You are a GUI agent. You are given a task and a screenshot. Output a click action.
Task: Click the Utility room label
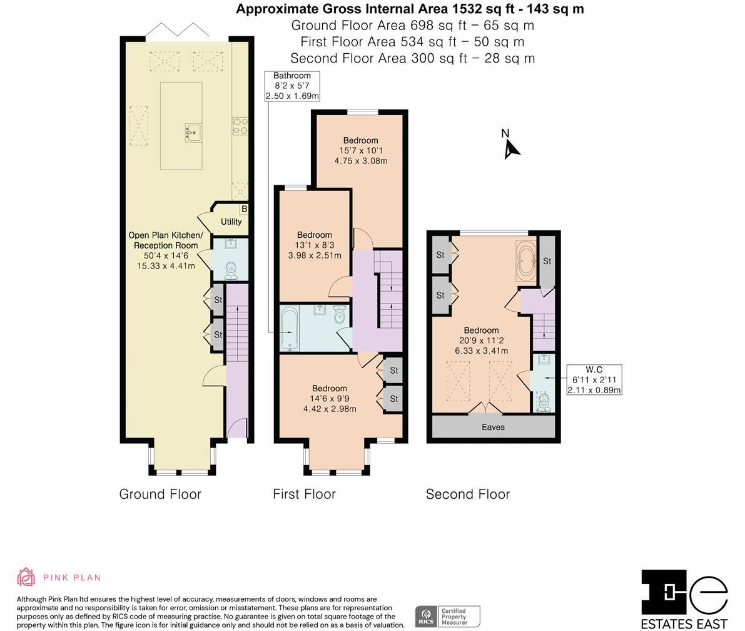231,222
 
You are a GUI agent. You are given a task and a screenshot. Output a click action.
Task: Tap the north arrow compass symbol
511,145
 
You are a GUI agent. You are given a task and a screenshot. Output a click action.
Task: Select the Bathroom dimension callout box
292,86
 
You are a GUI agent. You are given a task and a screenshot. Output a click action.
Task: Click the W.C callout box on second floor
594,380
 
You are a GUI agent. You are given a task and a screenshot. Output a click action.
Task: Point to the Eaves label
493,427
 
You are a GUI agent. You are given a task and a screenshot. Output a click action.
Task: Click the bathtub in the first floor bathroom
289,329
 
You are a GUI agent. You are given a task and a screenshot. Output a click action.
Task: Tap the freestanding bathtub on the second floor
525,260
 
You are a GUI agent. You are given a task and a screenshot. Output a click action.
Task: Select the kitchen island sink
193,131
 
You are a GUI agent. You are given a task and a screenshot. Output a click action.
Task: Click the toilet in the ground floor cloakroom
230,270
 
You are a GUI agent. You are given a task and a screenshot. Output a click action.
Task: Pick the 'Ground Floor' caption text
160,494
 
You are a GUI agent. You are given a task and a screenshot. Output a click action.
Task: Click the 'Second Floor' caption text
467,494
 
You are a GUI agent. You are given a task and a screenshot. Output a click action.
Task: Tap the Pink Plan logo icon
26,577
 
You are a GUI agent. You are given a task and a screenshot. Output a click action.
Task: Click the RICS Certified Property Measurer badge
447,616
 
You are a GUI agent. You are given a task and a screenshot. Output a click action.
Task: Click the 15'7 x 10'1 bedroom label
360,150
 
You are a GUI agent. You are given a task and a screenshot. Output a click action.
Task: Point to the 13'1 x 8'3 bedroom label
314,245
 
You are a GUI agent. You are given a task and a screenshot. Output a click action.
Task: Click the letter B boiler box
244,208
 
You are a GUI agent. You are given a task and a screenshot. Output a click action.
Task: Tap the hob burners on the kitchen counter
240,126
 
